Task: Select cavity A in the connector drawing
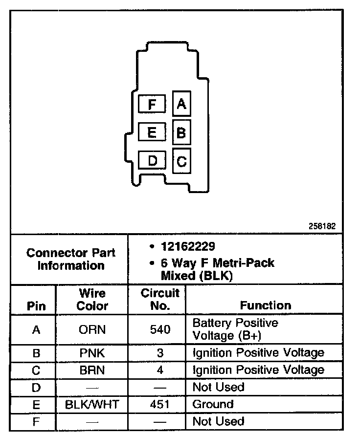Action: (181, 104)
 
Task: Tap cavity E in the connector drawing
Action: (152, 132)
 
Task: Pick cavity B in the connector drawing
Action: (181, 132)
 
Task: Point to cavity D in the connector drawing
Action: (153, 161)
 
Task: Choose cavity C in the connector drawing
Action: (181, 161)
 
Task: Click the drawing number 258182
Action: (322, 227)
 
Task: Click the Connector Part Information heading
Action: (71, 259)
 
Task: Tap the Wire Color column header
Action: (92, 300)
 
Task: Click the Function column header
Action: (266, 305)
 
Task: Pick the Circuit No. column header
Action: (160, 300)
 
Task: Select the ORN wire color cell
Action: (92, 330)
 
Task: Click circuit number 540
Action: (160, 330)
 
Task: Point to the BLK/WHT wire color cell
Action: (92, 405)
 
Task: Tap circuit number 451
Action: (160, 405)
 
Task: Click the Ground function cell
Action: (213, 405)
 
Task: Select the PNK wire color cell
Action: (92, 353)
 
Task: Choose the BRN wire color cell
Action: (92, 370)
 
